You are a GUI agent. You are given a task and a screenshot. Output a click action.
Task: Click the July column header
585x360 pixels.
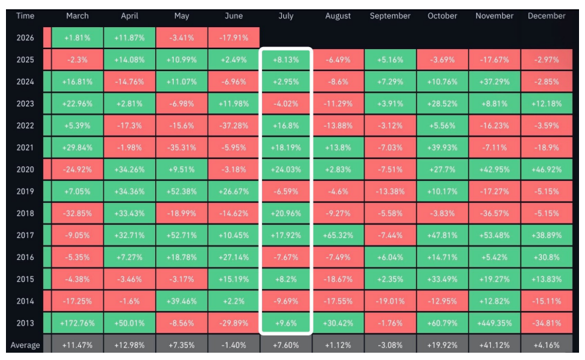point(286,16)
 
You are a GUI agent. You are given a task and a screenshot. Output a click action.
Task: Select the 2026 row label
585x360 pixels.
point(25,38)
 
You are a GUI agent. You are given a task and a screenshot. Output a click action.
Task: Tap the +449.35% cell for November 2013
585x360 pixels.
point(494,323)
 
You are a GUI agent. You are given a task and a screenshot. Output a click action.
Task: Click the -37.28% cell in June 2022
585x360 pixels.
point(233,126)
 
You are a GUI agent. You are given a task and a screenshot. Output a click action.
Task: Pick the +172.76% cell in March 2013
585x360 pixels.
point(77,323)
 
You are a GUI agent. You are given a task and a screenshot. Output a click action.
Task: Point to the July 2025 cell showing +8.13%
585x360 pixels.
point(286,60)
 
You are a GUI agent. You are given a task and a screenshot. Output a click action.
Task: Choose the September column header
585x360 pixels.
point(390,16)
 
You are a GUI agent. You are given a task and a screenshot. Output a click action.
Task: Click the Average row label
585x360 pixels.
point(25,345)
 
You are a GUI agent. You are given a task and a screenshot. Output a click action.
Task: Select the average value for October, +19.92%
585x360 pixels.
point(442,345)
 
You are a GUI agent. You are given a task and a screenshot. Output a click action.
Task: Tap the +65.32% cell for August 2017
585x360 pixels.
point(338,235)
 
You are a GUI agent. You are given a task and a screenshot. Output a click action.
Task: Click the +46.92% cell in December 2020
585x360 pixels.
point(547,169)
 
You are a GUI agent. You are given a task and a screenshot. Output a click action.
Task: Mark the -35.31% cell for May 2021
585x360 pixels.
point(182,148)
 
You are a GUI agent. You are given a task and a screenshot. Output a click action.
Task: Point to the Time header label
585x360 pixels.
point(25,16)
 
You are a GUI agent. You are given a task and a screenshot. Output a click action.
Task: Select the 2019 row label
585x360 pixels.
point(25,192)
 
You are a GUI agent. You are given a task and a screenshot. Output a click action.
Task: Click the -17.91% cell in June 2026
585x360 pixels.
point(233,38)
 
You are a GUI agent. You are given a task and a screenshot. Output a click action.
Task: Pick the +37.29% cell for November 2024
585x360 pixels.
point(494,82)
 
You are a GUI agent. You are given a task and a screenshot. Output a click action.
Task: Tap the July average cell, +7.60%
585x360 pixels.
point(286,345)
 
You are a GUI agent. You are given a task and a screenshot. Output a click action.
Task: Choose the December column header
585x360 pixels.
point(547,16)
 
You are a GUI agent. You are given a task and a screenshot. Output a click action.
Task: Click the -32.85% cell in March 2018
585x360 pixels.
point(77,213)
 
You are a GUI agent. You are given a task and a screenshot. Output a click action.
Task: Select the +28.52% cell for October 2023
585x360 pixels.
point(442,103)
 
